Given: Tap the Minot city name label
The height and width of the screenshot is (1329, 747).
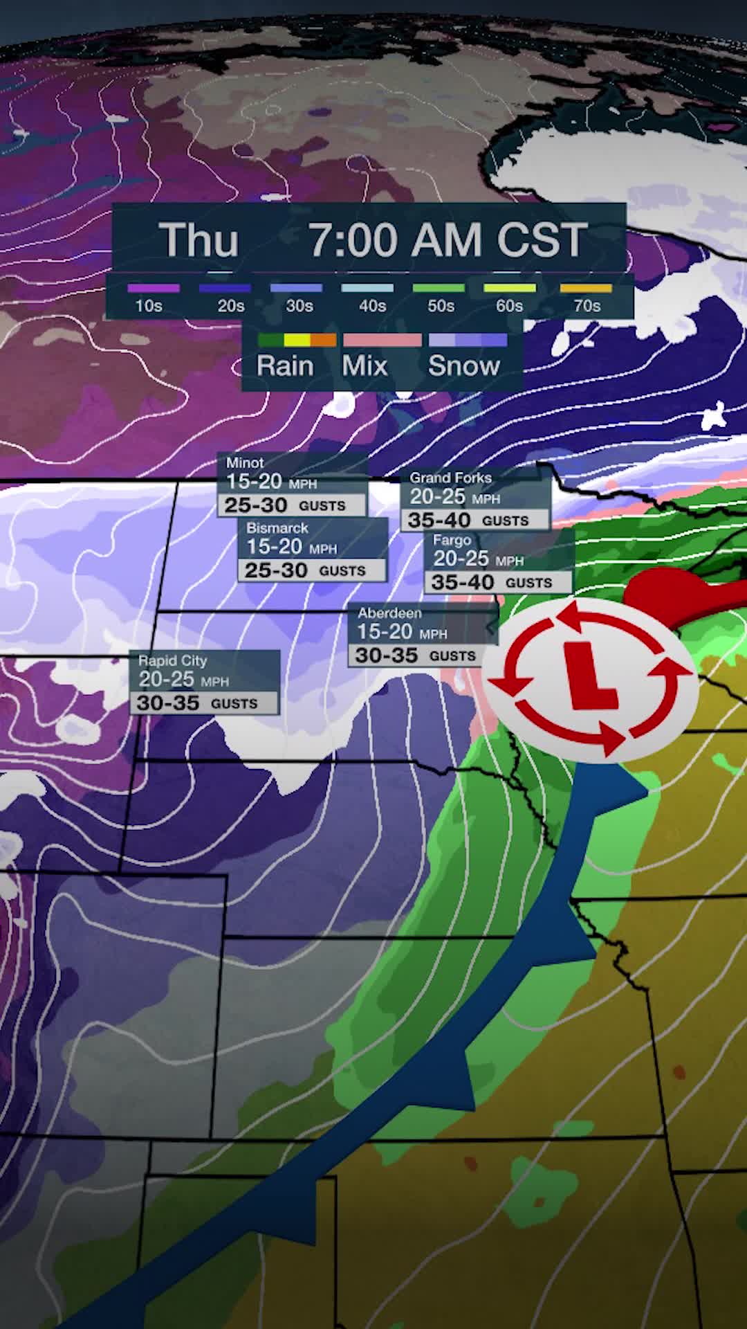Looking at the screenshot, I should (245, 462).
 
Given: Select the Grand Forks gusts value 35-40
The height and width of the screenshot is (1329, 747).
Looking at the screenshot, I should (439, 520).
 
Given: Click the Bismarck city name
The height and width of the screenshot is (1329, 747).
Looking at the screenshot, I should (277, 527).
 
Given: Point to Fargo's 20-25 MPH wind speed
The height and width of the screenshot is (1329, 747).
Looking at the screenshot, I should (461, 559).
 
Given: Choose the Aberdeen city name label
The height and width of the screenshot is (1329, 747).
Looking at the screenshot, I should (389, 613).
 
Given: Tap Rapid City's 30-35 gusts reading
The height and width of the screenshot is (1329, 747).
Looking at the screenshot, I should (168, 703).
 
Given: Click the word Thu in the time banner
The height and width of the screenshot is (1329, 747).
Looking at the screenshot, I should (199, 240).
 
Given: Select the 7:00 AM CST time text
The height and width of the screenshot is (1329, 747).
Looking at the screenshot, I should (448, 240).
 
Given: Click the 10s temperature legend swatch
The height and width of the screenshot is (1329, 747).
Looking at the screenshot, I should (154, 288).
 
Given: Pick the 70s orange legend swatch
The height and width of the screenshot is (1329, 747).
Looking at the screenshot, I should (586, 288).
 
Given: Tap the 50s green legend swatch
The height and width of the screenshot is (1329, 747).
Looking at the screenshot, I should (439, 288).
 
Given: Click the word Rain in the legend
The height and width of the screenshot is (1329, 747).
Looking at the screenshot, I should (285, 365).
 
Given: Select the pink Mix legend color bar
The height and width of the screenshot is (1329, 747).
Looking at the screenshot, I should (382, 340).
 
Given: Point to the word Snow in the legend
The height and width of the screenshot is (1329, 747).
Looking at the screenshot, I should (463, 365).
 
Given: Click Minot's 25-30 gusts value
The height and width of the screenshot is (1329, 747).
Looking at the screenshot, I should (256, 505).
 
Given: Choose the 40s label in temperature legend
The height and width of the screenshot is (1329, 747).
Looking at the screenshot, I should (372, 306).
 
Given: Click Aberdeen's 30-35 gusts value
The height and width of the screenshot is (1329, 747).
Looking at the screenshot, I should (387, 656).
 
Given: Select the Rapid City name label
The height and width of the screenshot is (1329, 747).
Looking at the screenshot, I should (172, 660).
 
